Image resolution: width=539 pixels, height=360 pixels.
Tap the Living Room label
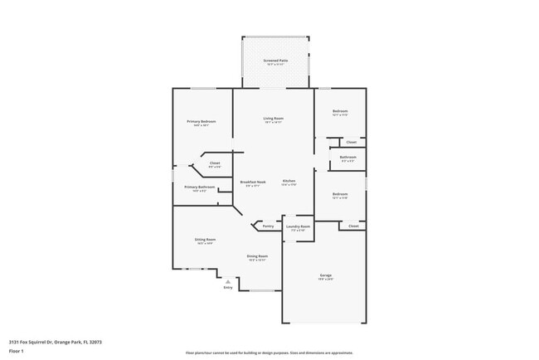(x=273, y=119)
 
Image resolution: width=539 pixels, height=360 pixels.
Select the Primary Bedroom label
(x=202, y=122)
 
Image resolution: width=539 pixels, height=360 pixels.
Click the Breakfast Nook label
(x=252, y=182)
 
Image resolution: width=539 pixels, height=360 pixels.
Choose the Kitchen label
(x=289, y=182)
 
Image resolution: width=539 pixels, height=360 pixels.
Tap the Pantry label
(x=267, y=226)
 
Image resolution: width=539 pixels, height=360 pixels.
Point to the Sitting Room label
(x=205, y=240)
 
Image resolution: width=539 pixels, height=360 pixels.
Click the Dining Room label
(x=257, y=256)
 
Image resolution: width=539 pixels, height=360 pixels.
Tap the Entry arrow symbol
(x=228, y=281)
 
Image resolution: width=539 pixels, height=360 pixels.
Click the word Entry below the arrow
(x=228, y=288)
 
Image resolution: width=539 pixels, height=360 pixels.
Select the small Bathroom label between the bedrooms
(x=348, y=158)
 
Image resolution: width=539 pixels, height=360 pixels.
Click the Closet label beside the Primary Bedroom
(x=215, y=163)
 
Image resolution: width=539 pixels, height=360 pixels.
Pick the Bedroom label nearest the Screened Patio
(x=340, y=111)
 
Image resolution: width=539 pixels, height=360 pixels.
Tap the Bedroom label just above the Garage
(x=340, y=194)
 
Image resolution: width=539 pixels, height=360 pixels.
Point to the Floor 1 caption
(x=17, y=351)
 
